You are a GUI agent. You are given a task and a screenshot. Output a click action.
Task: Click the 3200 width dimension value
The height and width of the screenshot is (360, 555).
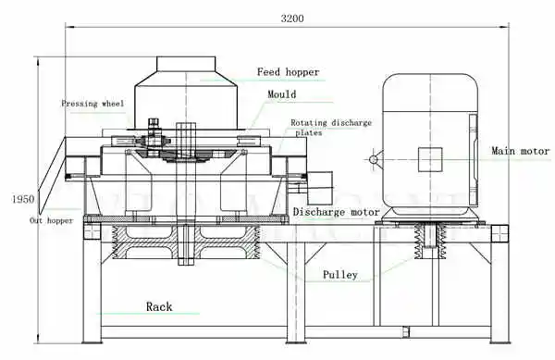tap(292, 19)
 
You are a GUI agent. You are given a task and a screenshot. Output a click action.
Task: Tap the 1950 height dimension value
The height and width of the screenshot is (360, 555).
tap(23, 199)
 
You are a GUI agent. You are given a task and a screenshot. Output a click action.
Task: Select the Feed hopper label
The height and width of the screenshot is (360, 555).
tap(288, 72)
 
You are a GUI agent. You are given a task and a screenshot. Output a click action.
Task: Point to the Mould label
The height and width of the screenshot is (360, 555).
tap(282, 94)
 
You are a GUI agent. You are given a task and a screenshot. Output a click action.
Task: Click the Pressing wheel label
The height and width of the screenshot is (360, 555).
tap(92, 104)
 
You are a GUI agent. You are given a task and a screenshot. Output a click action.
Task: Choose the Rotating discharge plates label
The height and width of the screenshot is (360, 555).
tap(331, 128)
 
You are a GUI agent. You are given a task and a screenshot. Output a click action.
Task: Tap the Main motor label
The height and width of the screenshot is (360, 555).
tap(520, 151)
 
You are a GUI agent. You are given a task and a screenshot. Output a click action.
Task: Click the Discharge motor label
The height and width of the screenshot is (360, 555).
tap(337, 212)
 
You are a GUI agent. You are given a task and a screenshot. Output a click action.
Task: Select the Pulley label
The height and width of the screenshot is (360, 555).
tap(339, 275)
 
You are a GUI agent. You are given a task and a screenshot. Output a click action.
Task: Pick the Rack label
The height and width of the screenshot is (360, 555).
tap(159, 306)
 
